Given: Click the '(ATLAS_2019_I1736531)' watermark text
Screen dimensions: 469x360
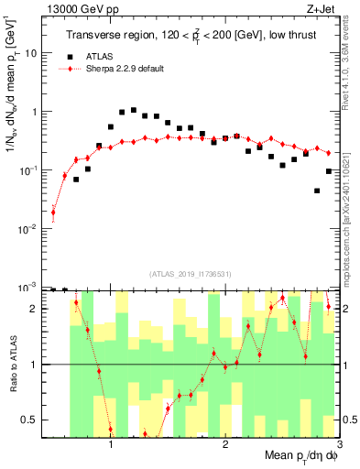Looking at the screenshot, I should [x=190, y=274].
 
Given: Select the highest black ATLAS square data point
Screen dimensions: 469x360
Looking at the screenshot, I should [x=134, y=110].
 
